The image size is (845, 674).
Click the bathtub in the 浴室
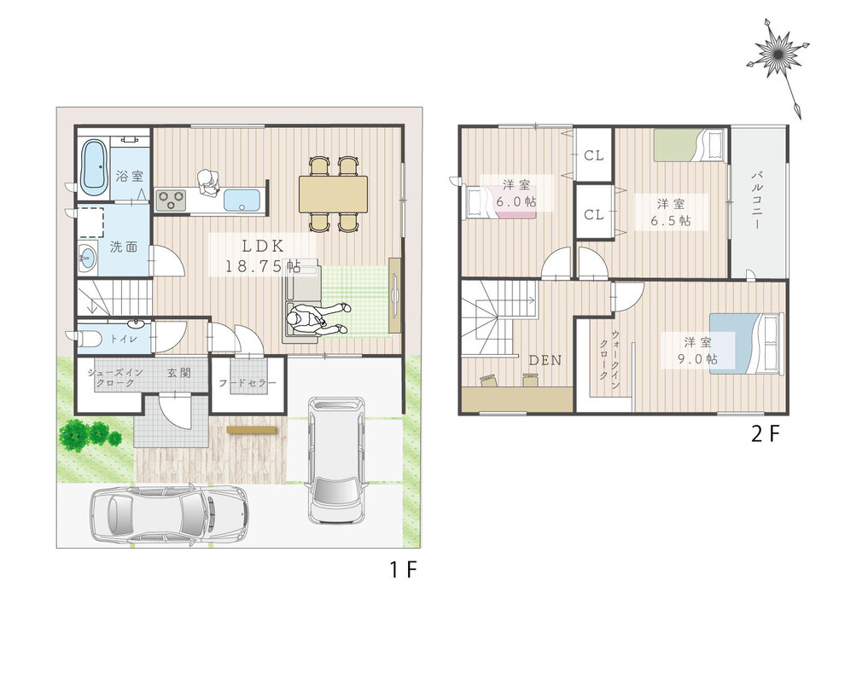pyautogui.click(x=94, y=167)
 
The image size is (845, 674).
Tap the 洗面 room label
pyautogui.click(x=124, y=247)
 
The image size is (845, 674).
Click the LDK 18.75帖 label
pyautogui.click(x=262, y=256)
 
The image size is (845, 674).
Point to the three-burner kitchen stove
pyautogui.click(x=171, y=200)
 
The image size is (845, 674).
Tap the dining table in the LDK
pyautogui.click(x=334, y=195)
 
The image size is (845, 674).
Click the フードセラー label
pyautogui.click(x=248, y=383)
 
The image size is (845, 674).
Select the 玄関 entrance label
pyautogui.click(x=179, y=373)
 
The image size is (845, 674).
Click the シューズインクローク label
pyautogui.click(x=115, y=378)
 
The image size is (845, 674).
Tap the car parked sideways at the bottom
pyautogui.click(x=169, y=514)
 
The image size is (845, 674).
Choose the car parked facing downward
pyautogui.click(x=335, y=460)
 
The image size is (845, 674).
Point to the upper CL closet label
pyautogui.click(x=594, y=156)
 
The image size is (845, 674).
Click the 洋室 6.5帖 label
pyautogui.click(x=671, y=212)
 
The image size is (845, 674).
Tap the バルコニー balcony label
pyautogui.click(x=757, y=200)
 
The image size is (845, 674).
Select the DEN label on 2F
pyautogui.click(x=545, y=360)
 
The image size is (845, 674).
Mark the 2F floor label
pyautogui.click(x=766, y=433)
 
